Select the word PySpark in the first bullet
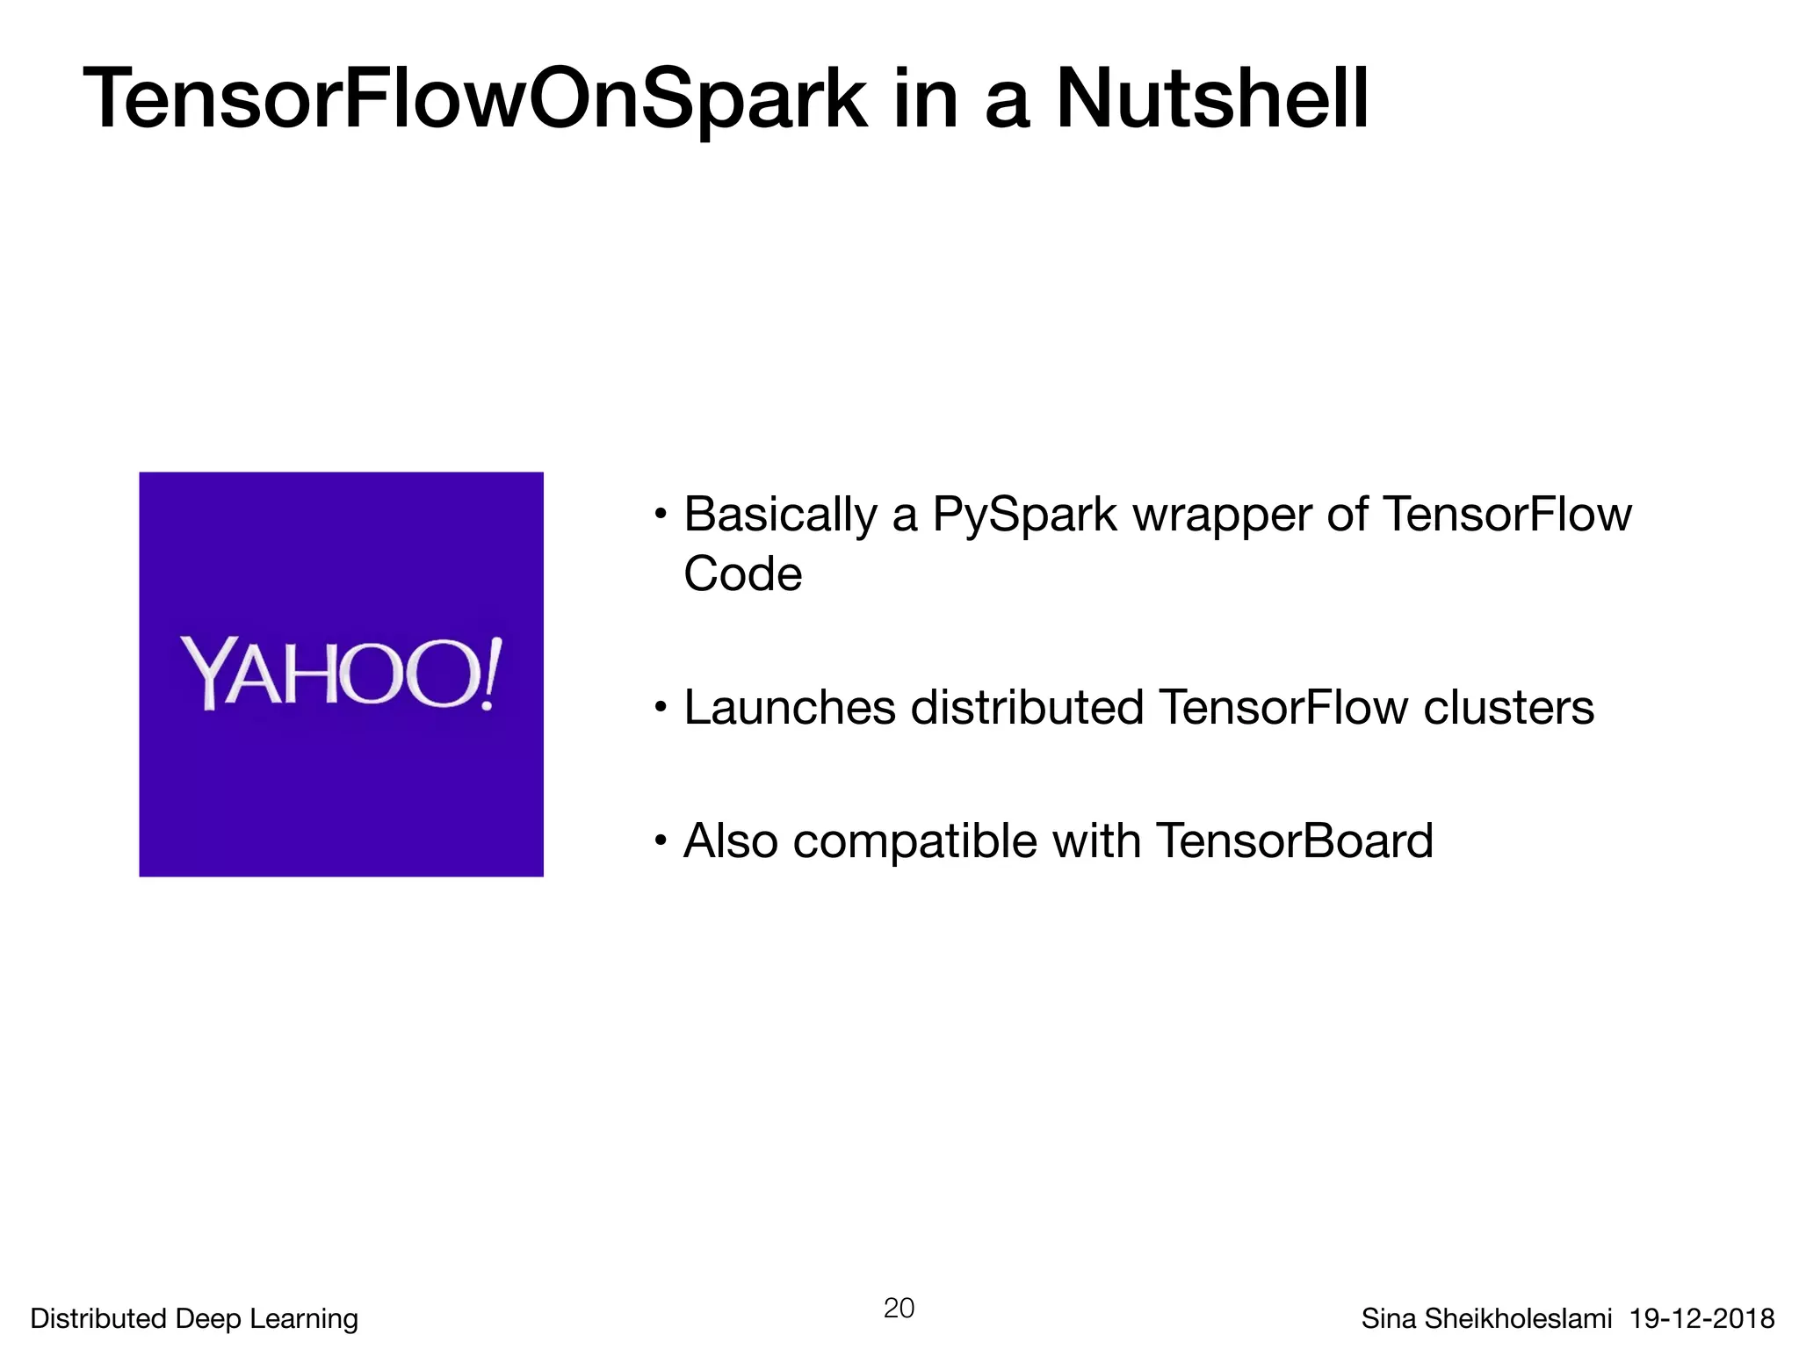tap(1024, 516)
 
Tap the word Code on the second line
tap(742, 574)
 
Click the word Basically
tap(780, 516)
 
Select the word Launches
tap(790, 708)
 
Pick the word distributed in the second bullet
tap(1027, 708)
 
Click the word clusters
tap(1507, 708)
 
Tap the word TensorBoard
tap(1294, 841)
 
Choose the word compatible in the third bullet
tap(914, 841)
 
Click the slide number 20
tap(899, 1308)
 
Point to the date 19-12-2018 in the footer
tap(1701, 1318)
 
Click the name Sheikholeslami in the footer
tap(1517, 1318)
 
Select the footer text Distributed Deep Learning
tap(194, 1318)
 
